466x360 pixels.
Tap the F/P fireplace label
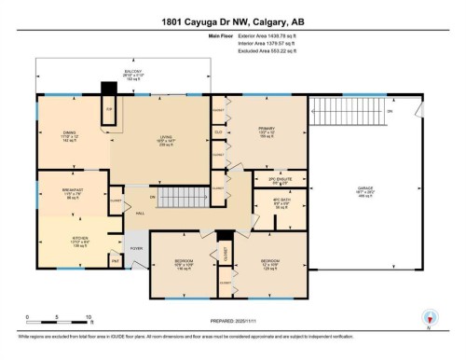pos(109,109)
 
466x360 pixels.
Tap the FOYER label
pos(136,248)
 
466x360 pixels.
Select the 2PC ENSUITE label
pos(271,182)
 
